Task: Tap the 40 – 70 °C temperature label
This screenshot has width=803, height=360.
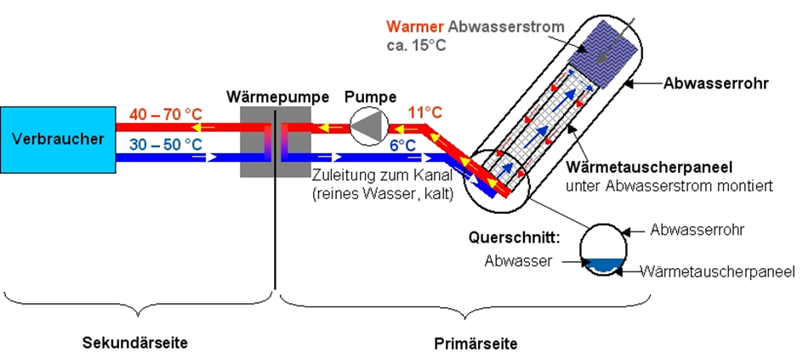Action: (165, 113)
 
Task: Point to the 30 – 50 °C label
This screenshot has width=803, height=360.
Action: (165, 145)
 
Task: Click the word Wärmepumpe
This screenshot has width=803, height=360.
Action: (277, 97)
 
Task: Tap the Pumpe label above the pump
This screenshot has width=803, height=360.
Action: (370, 97)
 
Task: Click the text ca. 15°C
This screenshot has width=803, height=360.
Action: (413, 44)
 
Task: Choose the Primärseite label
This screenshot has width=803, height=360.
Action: (468, 344)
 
